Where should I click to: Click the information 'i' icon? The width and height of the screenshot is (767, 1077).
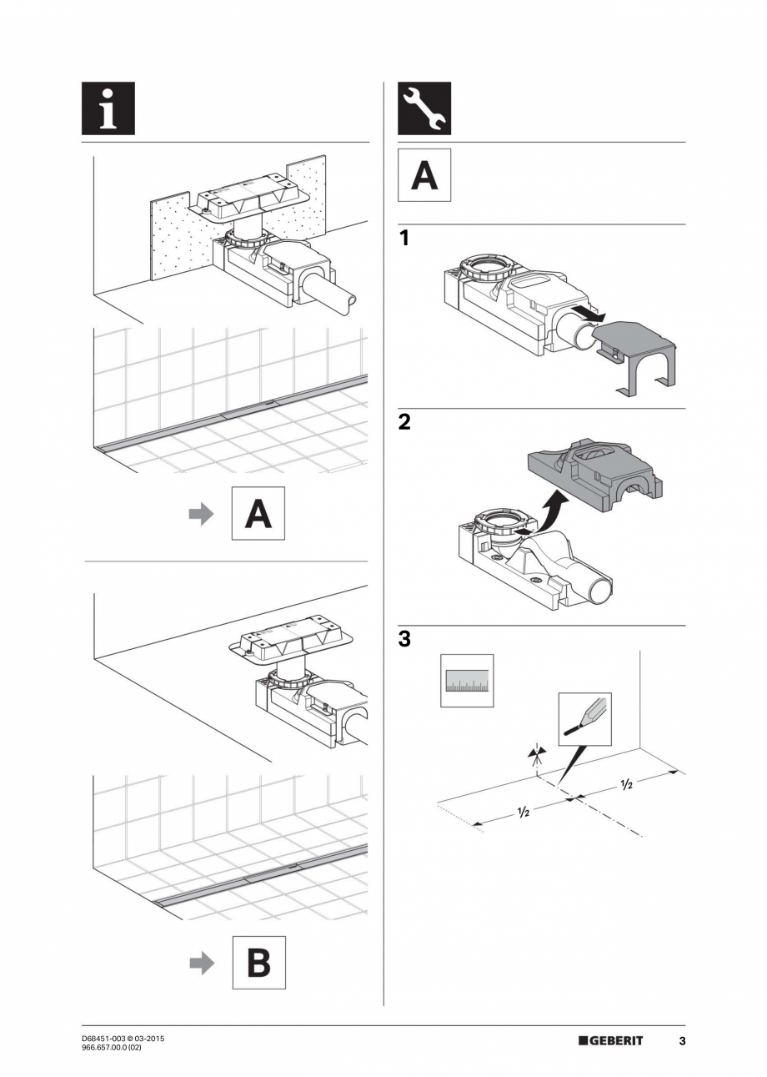coord(108,108)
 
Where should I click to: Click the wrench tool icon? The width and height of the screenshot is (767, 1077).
coord(424,108)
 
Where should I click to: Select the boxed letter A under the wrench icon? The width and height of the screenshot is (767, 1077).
coord(424,175)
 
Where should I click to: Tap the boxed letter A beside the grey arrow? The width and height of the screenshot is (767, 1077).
coord(258,514)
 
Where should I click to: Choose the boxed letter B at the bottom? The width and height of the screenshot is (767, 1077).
coord(258,963)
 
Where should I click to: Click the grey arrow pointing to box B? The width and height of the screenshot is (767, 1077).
coord(201,964)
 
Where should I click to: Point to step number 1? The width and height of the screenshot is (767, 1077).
coord(404,239)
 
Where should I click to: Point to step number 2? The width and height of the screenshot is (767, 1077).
coord(404,422)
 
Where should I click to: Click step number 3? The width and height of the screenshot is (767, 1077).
coord(404,640)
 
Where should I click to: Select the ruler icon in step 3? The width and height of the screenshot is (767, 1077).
coord(467,681)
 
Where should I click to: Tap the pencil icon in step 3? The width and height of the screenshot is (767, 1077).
coord(584,719)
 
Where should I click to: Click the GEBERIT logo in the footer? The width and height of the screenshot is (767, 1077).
coord(610,1041)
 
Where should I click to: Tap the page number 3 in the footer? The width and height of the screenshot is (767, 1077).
coord(681,1041)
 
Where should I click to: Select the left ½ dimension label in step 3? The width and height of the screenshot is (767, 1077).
coord(523,812)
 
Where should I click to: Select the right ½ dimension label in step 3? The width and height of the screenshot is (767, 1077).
coord(625,785)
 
